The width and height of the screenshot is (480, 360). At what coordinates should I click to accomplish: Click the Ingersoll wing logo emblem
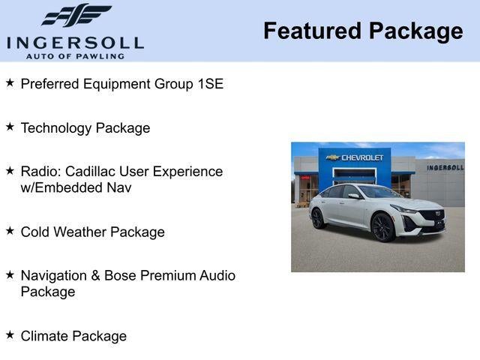click(x=76, y=15)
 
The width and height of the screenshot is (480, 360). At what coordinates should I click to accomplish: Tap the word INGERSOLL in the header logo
click(x=75, y=41)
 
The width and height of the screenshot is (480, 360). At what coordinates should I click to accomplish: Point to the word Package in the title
click(x=415, y=31)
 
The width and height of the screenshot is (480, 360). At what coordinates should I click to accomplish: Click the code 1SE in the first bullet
click(x=211, y=83)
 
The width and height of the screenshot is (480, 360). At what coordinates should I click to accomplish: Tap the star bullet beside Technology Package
click(x=10, y=127)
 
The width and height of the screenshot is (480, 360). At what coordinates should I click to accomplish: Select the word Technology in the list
click(x=55, y=128)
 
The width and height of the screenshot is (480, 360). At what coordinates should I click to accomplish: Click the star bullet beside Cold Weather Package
click(x=10, y=231)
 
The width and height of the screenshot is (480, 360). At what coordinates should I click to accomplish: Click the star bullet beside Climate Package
click(x=10, y=334)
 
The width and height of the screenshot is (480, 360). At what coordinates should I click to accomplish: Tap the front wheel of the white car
click(x=383, y=226)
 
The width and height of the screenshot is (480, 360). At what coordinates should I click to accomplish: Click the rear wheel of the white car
click(x=319, y=218)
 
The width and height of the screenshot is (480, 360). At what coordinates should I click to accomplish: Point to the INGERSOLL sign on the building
click(x=445, y=167)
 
